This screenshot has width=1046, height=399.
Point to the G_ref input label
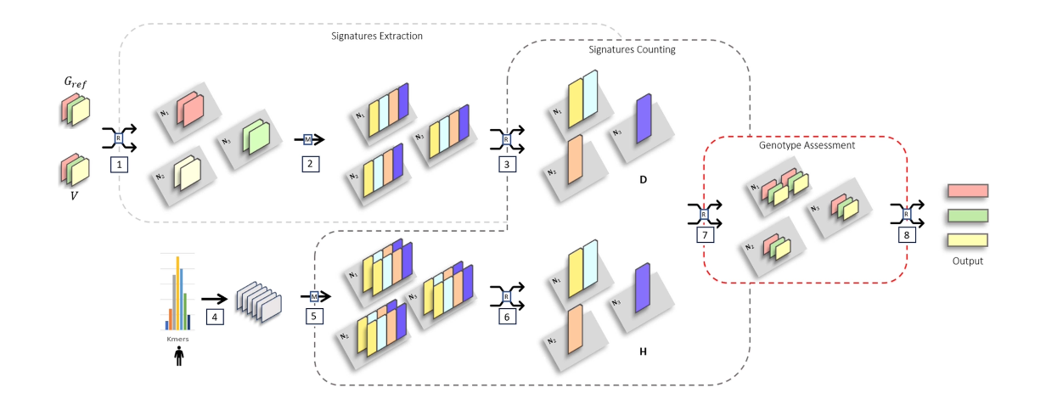(76, 83)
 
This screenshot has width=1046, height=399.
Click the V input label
(76, 194)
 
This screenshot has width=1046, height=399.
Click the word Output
(967, 261)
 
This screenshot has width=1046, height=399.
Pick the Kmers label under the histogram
(177, 339)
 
